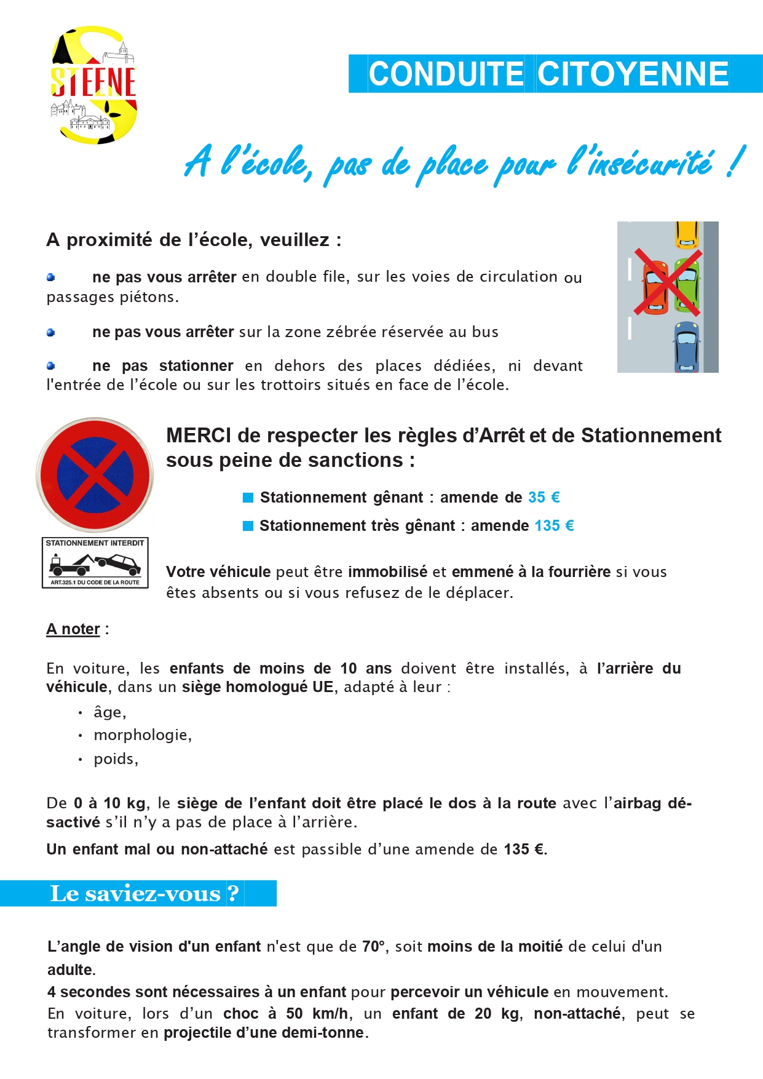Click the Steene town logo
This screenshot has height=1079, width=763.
(x=94, y=85)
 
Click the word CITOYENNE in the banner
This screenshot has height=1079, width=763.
(x=633, y=74)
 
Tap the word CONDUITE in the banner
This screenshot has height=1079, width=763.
(x=446, y=74)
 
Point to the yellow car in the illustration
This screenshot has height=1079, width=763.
(x=687, y=234)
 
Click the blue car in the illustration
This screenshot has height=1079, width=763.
(x=686, y=346)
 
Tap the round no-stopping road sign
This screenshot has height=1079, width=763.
(x=95, y=475)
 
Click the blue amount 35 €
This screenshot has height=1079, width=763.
(x=544, y=497)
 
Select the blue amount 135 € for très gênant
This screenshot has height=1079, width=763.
(x=554, y=525)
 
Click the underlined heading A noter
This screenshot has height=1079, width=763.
(x=73, y=629)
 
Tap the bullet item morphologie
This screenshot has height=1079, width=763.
(x=143, y=735)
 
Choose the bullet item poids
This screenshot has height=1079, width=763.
(x=116, y=758)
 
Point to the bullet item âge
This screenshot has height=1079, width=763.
(x=109, y=712)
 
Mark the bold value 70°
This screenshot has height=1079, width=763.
(x=373, y=946)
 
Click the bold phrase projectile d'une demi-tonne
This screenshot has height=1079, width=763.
(x=264, y=1032)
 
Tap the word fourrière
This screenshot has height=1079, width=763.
(x=580, y=571)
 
